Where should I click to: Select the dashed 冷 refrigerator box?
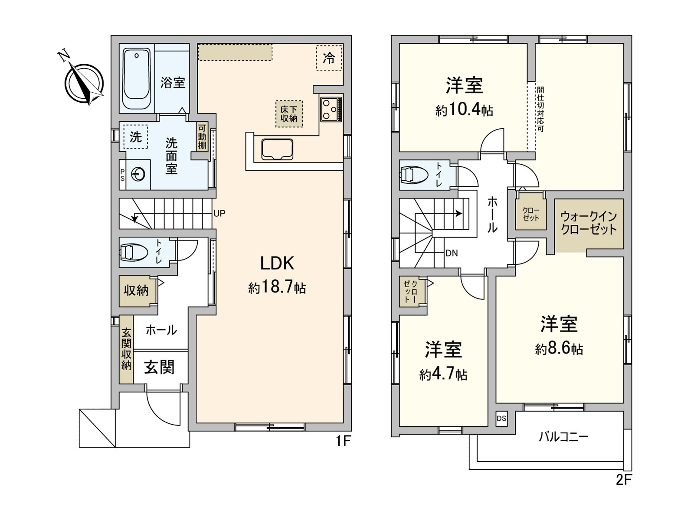point(329,58)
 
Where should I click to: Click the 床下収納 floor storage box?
point(289,114)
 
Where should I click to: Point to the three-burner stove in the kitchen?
point(331,109)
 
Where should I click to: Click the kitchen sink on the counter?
point(278,149)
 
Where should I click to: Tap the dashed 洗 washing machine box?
point(135,137)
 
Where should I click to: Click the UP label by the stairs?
point(219,214)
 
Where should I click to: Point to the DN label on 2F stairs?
point(452,253)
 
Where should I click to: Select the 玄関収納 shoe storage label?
point(126,349)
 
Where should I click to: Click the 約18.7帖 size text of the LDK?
point(277,287)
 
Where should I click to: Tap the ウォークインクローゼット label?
point(589,223)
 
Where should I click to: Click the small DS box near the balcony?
point(501,418)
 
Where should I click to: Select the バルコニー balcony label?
point(563,436)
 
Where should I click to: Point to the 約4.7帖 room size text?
point(443,374)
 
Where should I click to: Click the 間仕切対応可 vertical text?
point(540,109)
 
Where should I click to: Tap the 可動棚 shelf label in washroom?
point(202,136)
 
